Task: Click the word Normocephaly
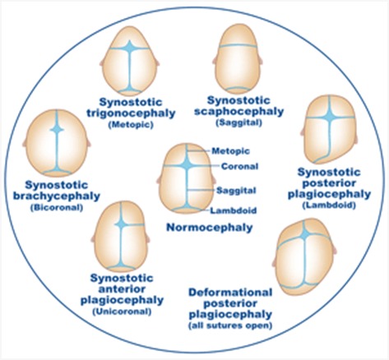(x=210, y=228)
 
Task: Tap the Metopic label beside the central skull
(x=230, y=151)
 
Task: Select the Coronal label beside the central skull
(x=239, y=166)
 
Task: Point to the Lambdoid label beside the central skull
(x=234, y=210)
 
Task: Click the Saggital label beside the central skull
(x=236, y=191)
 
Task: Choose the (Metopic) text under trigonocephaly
(x=131, y=125)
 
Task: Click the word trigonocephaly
(x=131, y=113)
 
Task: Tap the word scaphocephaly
(x=238, y=112)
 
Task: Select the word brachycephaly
(x=57, y=196)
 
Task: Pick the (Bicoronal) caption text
(x=57, y=208)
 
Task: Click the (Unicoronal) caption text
(x=122, y=312)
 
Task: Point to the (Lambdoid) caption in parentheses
(x=329, y=205)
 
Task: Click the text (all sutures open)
(x=230, y=325)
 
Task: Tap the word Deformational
(x=230, y=293)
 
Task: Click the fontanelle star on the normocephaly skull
(x=188, y=165)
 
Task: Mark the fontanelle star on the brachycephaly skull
(x=57, y=129)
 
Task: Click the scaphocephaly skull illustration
(x=238, y=59)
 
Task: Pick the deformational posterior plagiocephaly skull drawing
(x=304, y=257)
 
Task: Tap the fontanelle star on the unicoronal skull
(x=121, y=224)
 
